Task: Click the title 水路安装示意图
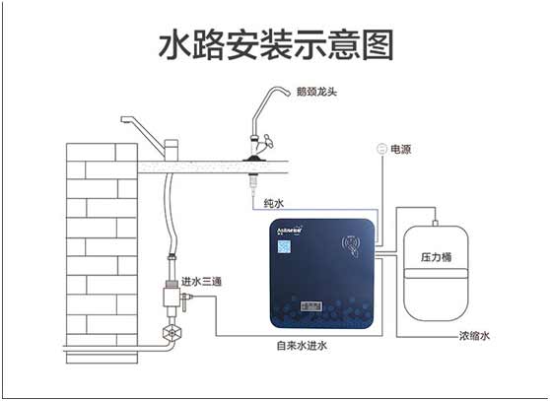275,44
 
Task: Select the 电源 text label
401,150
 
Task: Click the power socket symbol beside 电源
380,150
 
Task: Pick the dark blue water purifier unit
322,276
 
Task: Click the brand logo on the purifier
293,236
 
